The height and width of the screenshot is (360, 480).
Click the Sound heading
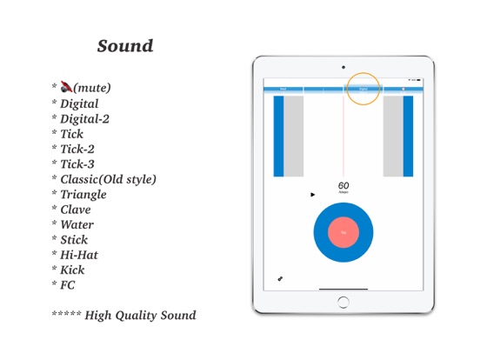[125, 46]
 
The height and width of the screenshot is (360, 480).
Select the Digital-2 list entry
[84, 119]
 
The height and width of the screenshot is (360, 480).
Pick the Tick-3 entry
[77, 164]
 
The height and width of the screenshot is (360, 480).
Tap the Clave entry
[75, 210]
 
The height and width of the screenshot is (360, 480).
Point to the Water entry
[77, 224]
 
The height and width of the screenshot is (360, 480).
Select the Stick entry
[74, 240]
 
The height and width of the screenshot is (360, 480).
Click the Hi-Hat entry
[78, 255]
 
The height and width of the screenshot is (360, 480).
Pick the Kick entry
[72, 270]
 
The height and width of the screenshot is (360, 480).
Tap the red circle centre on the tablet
[343, 232]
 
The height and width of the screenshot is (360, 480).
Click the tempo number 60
[343, 185]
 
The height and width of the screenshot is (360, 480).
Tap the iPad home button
[343, 302]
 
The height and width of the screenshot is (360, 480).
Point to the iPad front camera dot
[343, 67]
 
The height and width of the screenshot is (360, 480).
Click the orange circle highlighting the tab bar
[363, 88]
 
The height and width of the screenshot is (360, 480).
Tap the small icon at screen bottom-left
[280, 278]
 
